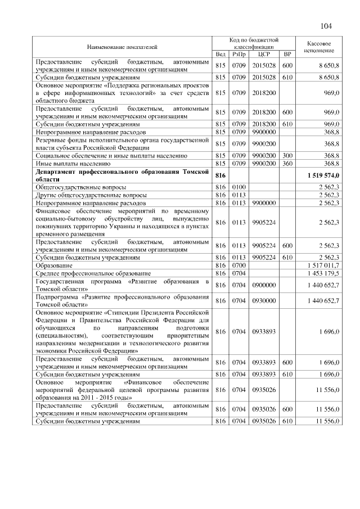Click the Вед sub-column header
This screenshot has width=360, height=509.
[x=220, y=55]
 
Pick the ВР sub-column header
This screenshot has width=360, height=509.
[x=287, y=55]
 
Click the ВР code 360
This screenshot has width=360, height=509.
[x=287, y=163]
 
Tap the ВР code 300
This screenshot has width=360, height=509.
[x=287, y=155]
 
